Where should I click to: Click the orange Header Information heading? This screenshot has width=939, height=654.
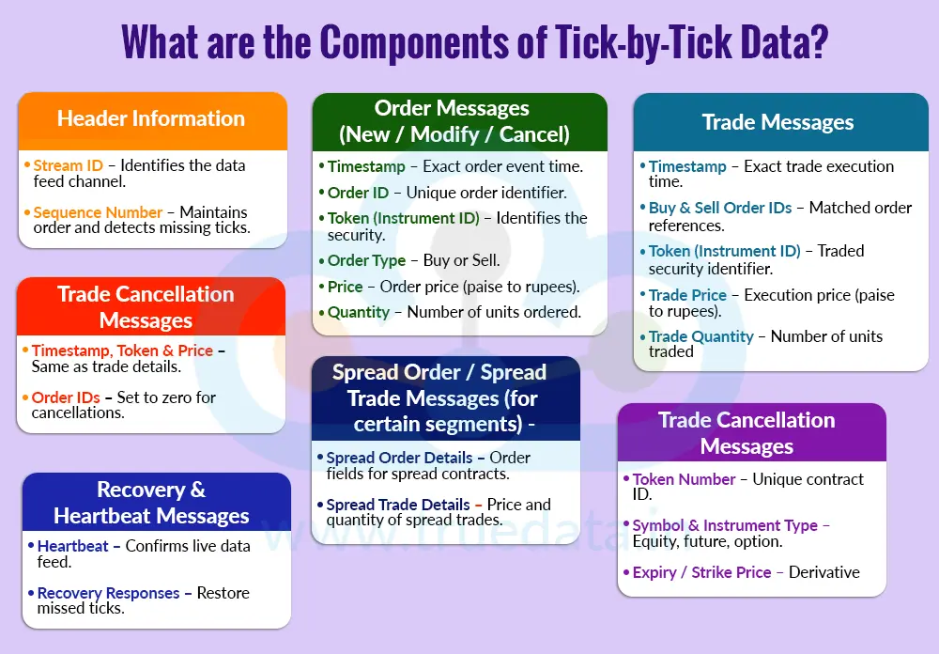click(x=151, y=118)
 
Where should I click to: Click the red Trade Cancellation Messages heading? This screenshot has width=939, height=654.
click(x=146, y=307)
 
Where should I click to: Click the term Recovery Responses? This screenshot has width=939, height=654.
click(x=108, y=593)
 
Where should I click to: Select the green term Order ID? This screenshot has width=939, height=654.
click(x=358, y=193)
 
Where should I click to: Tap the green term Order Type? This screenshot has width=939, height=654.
click(x=366, y=260)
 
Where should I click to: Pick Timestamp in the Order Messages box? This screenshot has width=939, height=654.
click(x=366, y=166)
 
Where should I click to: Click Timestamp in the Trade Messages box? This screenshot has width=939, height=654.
click(x=687, y=166)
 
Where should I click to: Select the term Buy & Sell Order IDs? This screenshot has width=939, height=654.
click(x=720, y=208)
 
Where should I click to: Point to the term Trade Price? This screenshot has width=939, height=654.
click(x=687, y=295)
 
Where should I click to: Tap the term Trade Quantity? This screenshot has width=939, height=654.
click(x=700, y=336)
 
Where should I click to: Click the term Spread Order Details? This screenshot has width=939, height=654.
click(x=399, y=458)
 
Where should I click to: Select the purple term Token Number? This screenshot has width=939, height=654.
click(x=684, y=479)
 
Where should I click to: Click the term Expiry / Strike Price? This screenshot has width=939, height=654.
click(x=701, y=572)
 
